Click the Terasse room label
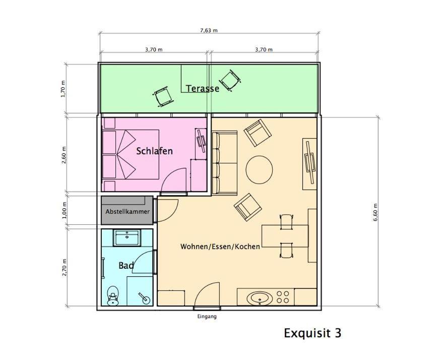click(x=203, y=89)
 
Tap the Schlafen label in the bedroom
click(x=154, y=151)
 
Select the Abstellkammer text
click(x=128, y=212)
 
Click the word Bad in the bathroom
click(x=126, y=266)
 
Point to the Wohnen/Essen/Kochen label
click(x=220, y=247)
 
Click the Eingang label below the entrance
click(x=207, y=317)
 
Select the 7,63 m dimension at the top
click(x=209, y=30)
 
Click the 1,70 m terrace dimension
click(x=63, y=89)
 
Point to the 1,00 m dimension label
click(x=65, y=210)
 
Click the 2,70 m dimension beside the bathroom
click(x=65, y=268)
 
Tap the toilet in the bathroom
click(x=113, y=295)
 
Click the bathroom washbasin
click(x=127, y=238)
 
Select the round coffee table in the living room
click(x=259, y=169)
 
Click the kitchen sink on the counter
click(x=260, y=298)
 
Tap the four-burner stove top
click(x=283, y=297)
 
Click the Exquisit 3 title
click(x=312, y=333)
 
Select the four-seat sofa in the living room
click(x=225, y=162)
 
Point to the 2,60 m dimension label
click(x=65, y=155)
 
